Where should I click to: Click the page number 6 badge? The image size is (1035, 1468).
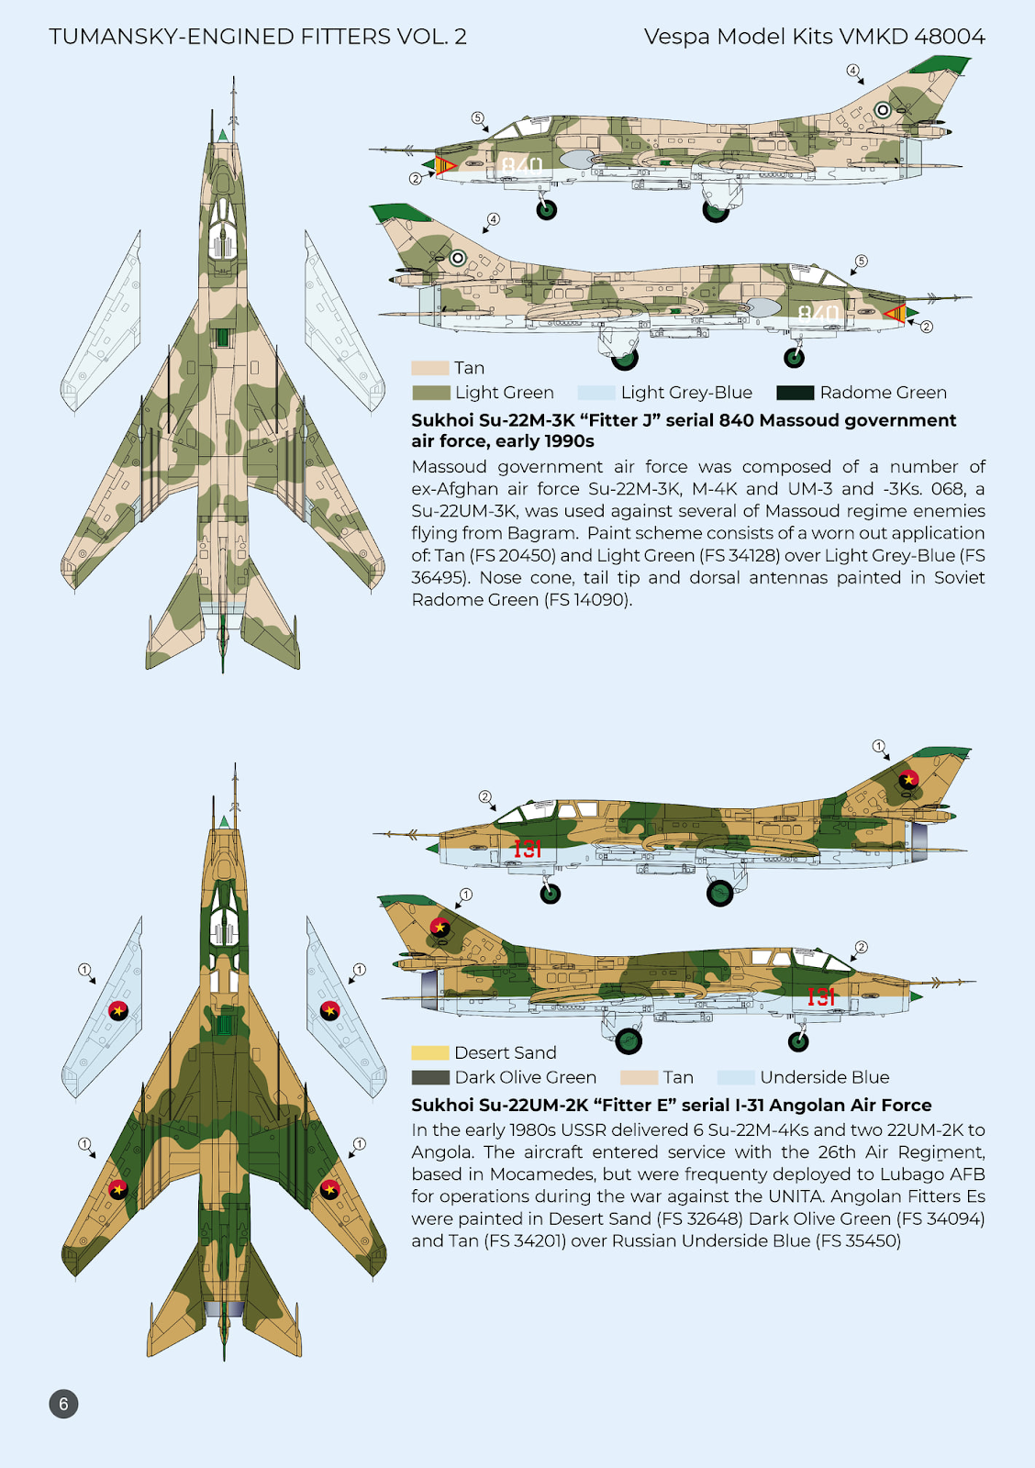pyautogui.click(x=63, y=1403)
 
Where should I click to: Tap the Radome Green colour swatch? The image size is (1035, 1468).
pyautogui.click(x=795, y=393)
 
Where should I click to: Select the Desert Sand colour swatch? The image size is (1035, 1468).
pyautogui.click(x=429, y=1052)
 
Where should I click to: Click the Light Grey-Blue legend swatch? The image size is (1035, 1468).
pyautogui.click(x=595, y=393)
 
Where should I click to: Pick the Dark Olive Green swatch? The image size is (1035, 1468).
pyautogui.click(x=429, y=1077)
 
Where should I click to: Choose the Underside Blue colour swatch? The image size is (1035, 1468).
pyautogui.click(x=735, y=1077)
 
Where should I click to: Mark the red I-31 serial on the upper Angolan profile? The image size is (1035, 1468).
pyautogui.click(x=528, y=849)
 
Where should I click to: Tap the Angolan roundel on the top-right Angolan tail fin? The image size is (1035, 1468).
pyautogui.click(x=908, y=780)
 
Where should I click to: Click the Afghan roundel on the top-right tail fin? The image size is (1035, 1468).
pyautogui.click(x=883, y=110)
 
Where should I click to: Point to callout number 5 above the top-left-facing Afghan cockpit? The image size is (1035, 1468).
pyautogui.click(x=477, y=117)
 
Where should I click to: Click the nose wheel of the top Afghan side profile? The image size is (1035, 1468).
pyautogui.click(x=546, y=210)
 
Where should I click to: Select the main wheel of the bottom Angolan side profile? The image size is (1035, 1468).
pyautogui.click(x=629, y=1040)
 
